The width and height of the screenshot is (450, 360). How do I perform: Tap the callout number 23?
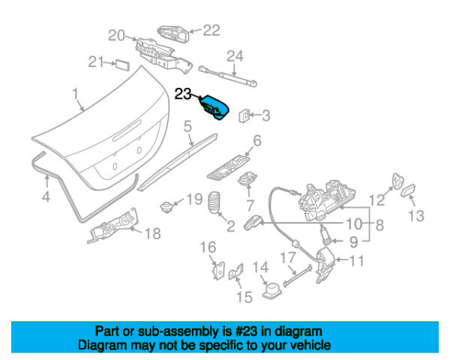coord(184,94)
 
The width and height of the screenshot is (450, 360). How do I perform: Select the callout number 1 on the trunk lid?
coord(75,92)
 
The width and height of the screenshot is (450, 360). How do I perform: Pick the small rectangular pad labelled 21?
coord(120,62)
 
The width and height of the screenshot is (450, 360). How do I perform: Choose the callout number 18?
coord(151,233)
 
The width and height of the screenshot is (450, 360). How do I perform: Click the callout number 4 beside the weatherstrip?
coord(46,197)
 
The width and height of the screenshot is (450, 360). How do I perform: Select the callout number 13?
coord(416,216)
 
